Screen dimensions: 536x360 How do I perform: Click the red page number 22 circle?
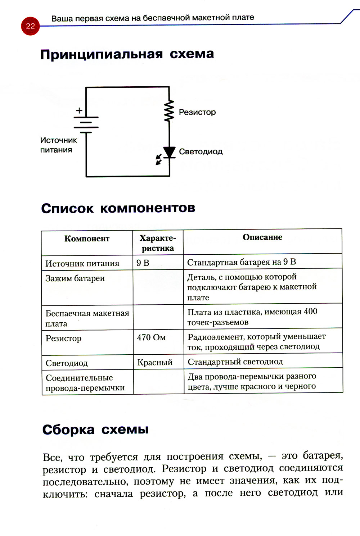(x=30, y=26)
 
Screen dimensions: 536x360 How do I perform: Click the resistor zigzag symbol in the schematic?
(x=169, y=112)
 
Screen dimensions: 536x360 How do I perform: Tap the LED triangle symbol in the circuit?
(x=169, y=152)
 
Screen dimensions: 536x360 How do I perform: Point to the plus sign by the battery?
(x=79, y=111)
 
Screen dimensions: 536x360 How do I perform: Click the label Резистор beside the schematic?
(x=197, y=112)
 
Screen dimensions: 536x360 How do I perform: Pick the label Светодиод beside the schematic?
(x=201, y=152)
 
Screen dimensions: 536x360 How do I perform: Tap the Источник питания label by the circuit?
(x=58, y=145)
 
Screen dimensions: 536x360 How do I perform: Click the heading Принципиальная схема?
(x=127, y=54)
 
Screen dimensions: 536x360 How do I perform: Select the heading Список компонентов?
(x=118, y=208)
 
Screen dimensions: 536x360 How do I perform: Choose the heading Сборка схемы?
(x=95, y=430)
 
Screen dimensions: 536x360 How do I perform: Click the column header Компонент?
(x=87, y=239)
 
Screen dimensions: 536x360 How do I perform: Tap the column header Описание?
(x=262, y=237)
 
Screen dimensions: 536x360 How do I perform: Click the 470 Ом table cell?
(x=151, y=337)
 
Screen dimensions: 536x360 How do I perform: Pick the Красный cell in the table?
(x=155, y=362)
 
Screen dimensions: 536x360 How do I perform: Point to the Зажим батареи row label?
(x=75, y=278)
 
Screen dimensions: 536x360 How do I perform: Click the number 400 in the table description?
(x=310, y=312)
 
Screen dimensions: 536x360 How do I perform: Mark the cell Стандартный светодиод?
(x=235, y=362)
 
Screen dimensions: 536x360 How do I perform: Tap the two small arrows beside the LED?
(x=159, y=159)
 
